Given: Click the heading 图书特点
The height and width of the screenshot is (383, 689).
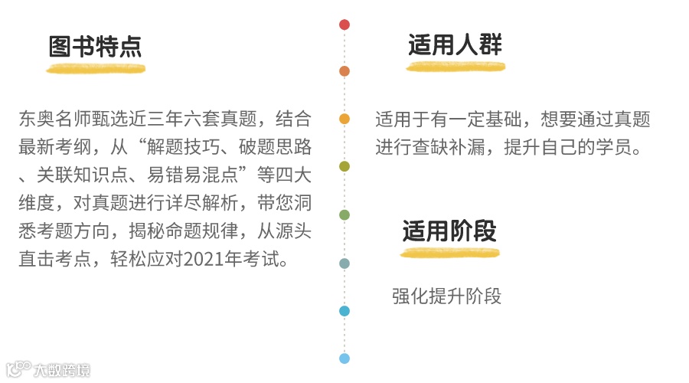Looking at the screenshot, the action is tap(96, 47).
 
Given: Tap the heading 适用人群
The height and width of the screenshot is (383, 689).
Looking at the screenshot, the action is tap(455, 45).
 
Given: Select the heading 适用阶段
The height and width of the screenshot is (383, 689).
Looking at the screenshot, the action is tap(449, 231).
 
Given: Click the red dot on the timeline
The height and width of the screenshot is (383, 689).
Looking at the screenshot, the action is tap(344, 25).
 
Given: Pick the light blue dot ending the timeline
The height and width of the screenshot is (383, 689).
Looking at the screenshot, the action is tap(344, 358).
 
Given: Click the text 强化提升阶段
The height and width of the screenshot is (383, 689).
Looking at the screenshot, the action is tap(446, 296).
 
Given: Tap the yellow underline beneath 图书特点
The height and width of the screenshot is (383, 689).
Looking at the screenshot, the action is tap(96, 69).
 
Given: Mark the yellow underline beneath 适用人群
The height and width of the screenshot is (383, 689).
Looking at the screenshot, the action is tap(456, 67).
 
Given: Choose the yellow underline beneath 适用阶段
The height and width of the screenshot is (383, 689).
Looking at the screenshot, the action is tap(450, 252).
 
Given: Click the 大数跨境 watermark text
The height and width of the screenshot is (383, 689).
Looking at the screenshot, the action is tap(62, 370).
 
